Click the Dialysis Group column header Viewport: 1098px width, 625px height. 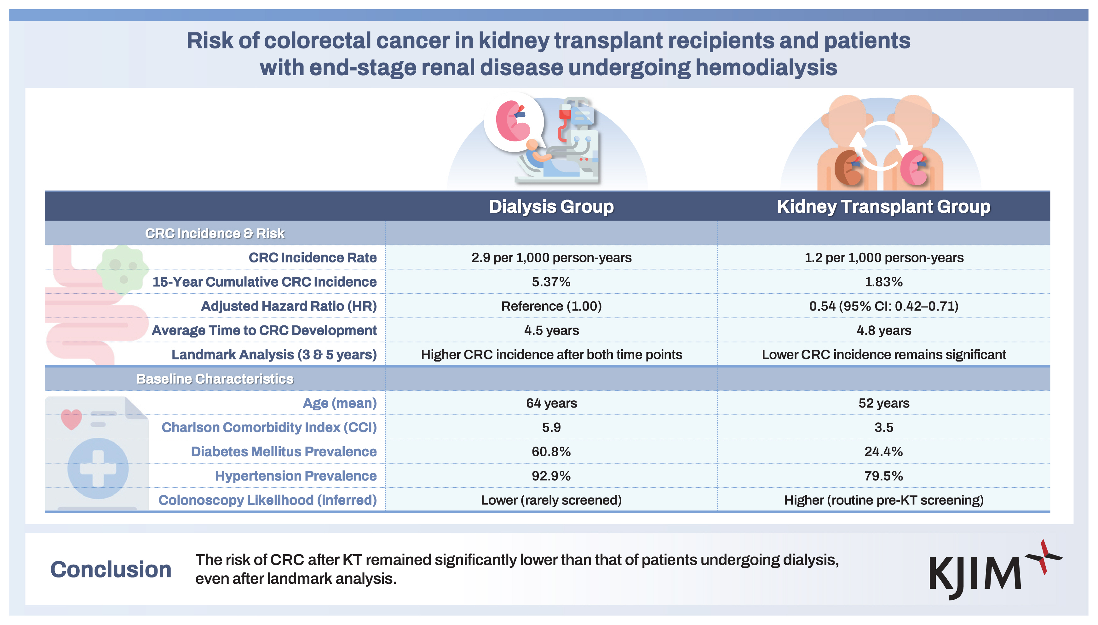pos(551,206)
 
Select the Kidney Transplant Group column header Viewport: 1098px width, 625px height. pos(883,206)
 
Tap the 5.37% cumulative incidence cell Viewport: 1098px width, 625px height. pos(551,282)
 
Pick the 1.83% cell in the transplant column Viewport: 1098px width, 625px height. pos(883,282)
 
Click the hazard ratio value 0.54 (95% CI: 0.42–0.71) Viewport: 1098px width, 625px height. pos(883,306)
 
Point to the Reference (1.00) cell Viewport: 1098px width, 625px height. pos(551,306)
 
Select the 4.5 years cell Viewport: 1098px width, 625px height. pos(551,330)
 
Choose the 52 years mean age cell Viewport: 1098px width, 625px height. pos(883,403)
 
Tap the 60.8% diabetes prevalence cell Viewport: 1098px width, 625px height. pos(551,452)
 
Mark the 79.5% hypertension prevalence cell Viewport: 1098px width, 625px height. pos(883,476)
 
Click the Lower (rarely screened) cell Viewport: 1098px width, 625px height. pos(551,500)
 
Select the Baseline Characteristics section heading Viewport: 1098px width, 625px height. pos(215,379)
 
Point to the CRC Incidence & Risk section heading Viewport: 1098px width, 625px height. pos(215,234)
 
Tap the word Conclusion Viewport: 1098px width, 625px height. pos(111,570)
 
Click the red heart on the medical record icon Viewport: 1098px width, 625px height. pos(71,419)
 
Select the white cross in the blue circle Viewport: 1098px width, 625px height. pos(98,468)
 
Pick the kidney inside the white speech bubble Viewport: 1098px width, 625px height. pos(512,121)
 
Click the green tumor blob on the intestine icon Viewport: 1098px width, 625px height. pos(123,269)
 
